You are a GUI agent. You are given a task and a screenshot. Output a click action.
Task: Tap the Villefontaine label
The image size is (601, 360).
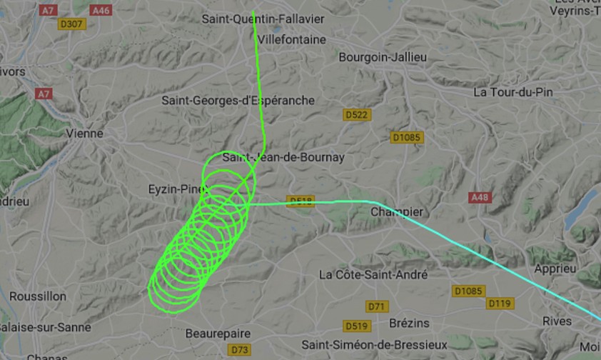click(x=293, y=39)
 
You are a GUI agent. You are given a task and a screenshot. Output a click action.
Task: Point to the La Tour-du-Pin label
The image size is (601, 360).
click(x=513, y=92)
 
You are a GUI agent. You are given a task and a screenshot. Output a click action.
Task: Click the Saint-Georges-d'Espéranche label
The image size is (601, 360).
click(x=238, y=101)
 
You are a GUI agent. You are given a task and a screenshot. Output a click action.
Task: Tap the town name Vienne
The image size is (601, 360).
click(x=84, y=134)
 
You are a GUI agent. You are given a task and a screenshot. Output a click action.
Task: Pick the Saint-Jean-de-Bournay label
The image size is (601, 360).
click(x=283, y=157)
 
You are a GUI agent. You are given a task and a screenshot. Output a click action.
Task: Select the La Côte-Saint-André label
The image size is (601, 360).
click(x=373, y=274)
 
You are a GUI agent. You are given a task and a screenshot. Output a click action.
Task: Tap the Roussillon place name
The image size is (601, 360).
click(x=39, y=296)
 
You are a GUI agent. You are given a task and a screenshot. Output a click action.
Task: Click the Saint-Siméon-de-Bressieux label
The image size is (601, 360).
click(x=374, y=345)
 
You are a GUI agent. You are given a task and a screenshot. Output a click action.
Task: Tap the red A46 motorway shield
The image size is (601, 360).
click(x=101, y=10)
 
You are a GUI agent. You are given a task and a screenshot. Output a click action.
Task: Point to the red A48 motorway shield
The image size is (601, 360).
click(x=479, y=196)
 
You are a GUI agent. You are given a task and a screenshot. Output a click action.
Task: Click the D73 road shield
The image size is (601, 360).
click(x=239, y=349)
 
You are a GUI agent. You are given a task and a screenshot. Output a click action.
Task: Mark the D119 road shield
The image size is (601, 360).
click(x=500, y=304)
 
